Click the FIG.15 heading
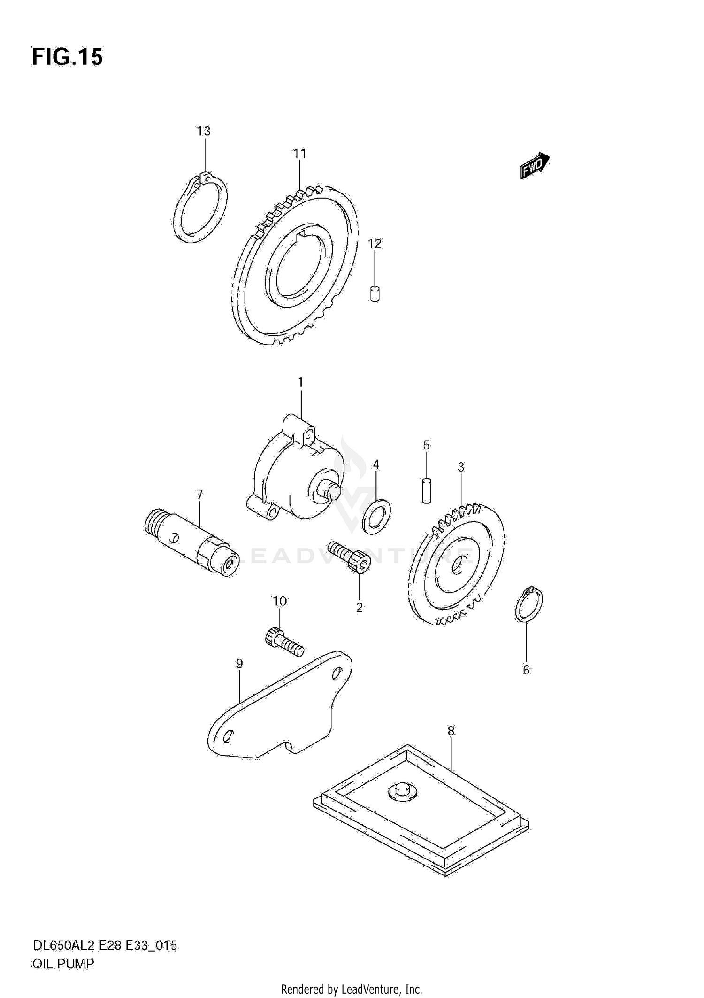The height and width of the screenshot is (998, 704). [x=67, y=57]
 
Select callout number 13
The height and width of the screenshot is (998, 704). [x=203, y=131]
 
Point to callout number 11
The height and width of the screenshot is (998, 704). [x=299, y=154]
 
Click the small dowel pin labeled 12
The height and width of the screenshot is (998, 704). [x=375, y=294]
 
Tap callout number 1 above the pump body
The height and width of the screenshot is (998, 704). [x=300, y=382]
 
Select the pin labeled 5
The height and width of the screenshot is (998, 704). [x=426, y=491]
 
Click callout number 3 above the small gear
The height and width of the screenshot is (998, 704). [x=461, y=467]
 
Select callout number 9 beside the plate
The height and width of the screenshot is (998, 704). [x=239, y=664]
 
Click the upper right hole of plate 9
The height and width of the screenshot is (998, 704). [x=336, y=675]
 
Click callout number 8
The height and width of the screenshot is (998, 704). [x=451, y=731]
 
